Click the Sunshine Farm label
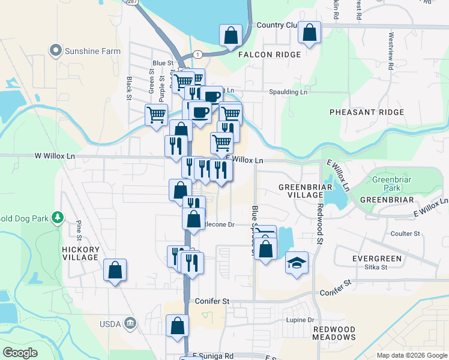point(93,51)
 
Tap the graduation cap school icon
point(296,263)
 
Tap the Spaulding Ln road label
point(287,92)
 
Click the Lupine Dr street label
point(300,320)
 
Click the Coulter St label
point(405,233)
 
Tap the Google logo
point(20,353)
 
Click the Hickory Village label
point(80,253)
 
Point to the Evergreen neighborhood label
point(377,259)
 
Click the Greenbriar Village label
point(301,191)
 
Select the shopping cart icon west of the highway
point(156,114)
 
